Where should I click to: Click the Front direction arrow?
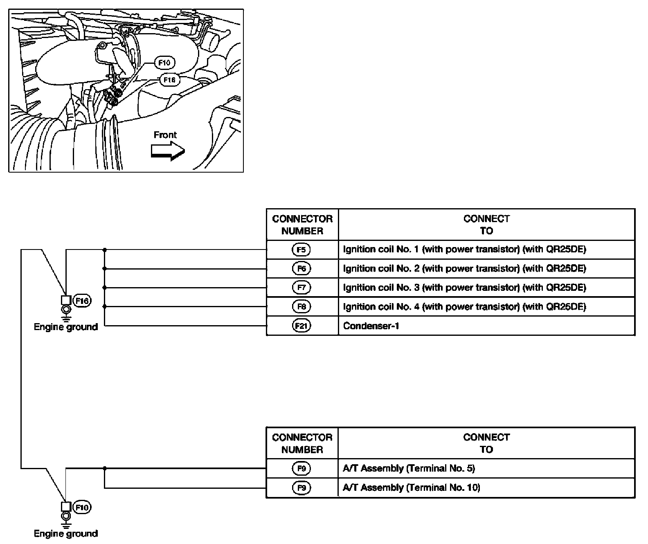(168, 151)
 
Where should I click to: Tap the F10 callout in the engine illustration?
(164, 63)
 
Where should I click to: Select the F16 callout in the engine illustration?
(169, 80)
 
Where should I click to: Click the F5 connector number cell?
(301, 250)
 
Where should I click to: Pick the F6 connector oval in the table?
(301, 269)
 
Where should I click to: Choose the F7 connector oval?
(301, 288)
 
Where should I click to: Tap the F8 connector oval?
(301, 307)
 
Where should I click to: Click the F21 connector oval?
(301, 326)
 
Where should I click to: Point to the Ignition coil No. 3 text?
(464, 288)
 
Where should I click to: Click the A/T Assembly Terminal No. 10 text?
(411, 488)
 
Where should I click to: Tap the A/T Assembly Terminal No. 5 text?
(409, 468)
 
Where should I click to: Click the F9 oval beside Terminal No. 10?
(301, 488)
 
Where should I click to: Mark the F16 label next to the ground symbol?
(82, 301)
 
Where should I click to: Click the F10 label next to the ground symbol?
(82, 508)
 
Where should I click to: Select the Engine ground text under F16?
(66, 327)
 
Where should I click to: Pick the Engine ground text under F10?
(66, 533)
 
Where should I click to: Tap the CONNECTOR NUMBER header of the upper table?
(302, 225)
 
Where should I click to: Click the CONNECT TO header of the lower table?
(486, 443)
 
